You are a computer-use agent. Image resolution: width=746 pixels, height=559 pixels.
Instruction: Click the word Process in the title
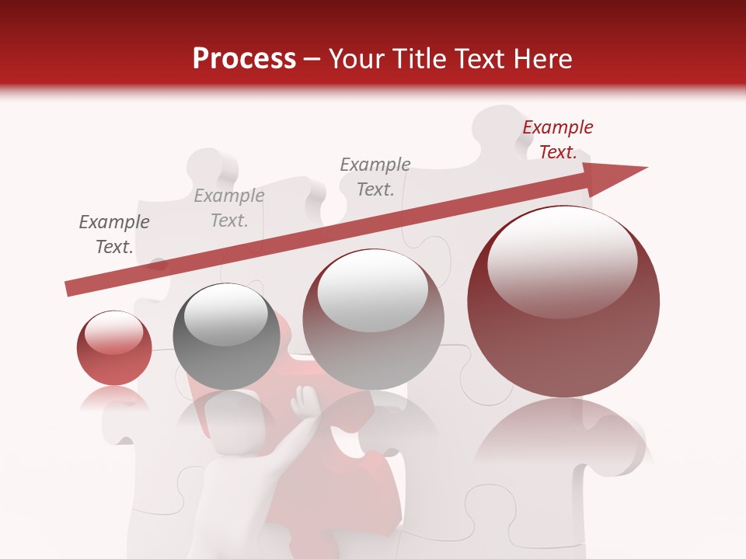pyautogui.click(x=244, y=59)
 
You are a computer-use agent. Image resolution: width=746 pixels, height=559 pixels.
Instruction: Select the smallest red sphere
pyautogui.click(x=114, y=348)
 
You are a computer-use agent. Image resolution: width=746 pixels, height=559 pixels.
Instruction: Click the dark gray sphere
pyautogui.click(x=226, y=336)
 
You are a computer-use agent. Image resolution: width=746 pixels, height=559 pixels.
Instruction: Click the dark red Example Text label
pyautogui.click(x=558, y=140)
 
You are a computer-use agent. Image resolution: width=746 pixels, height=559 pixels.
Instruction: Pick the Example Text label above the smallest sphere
pyautogui.click(x=114, y=234)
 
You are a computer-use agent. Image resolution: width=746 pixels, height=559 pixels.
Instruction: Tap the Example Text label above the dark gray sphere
pyautogui.click(x=229, y=208)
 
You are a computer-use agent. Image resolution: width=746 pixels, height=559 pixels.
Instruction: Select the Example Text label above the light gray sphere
pyautogui.click(x=375, y=176)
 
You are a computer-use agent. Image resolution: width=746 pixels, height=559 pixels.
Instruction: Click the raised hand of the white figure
pyautogui.click(x=300, y=403)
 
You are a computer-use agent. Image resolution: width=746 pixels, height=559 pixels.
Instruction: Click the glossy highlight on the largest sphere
pyautogui.click(x=562, y=260)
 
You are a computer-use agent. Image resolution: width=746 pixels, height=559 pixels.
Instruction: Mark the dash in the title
pyautogui.click(x=312, y=60)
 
